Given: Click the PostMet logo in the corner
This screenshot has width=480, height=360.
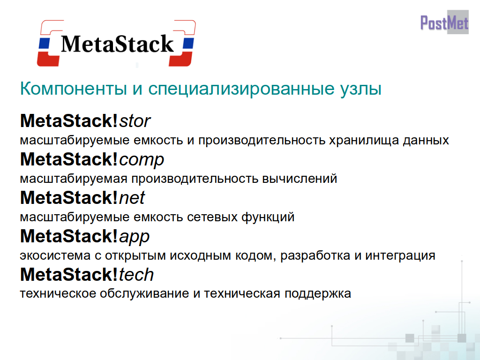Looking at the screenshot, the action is pos(444,22).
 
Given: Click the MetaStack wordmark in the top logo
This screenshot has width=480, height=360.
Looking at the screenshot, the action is pos(117,44).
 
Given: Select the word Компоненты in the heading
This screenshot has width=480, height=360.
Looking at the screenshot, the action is pos(74,89).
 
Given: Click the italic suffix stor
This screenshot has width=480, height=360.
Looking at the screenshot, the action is pos(135,121).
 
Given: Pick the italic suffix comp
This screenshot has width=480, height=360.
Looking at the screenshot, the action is pos(142,160).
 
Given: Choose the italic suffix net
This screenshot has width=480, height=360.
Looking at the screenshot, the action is pos(132,198).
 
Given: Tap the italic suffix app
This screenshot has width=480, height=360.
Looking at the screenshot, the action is pos(134,237).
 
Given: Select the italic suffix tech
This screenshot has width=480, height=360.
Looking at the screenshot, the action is pos(136,274).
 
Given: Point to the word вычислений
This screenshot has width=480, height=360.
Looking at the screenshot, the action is pos(300,179).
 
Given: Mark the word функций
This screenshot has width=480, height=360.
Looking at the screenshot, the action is pos(268,217).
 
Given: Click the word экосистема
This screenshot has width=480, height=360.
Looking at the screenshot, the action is pos(55,255).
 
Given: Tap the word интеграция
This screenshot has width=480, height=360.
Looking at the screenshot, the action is pos(400,256).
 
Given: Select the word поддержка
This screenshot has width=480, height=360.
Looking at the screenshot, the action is pos(318,294).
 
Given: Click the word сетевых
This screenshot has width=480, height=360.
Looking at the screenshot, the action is pos(212,217).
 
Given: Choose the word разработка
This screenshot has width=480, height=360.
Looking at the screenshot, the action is pos(315,255).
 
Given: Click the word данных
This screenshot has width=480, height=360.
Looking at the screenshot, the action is pos(426,141).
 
